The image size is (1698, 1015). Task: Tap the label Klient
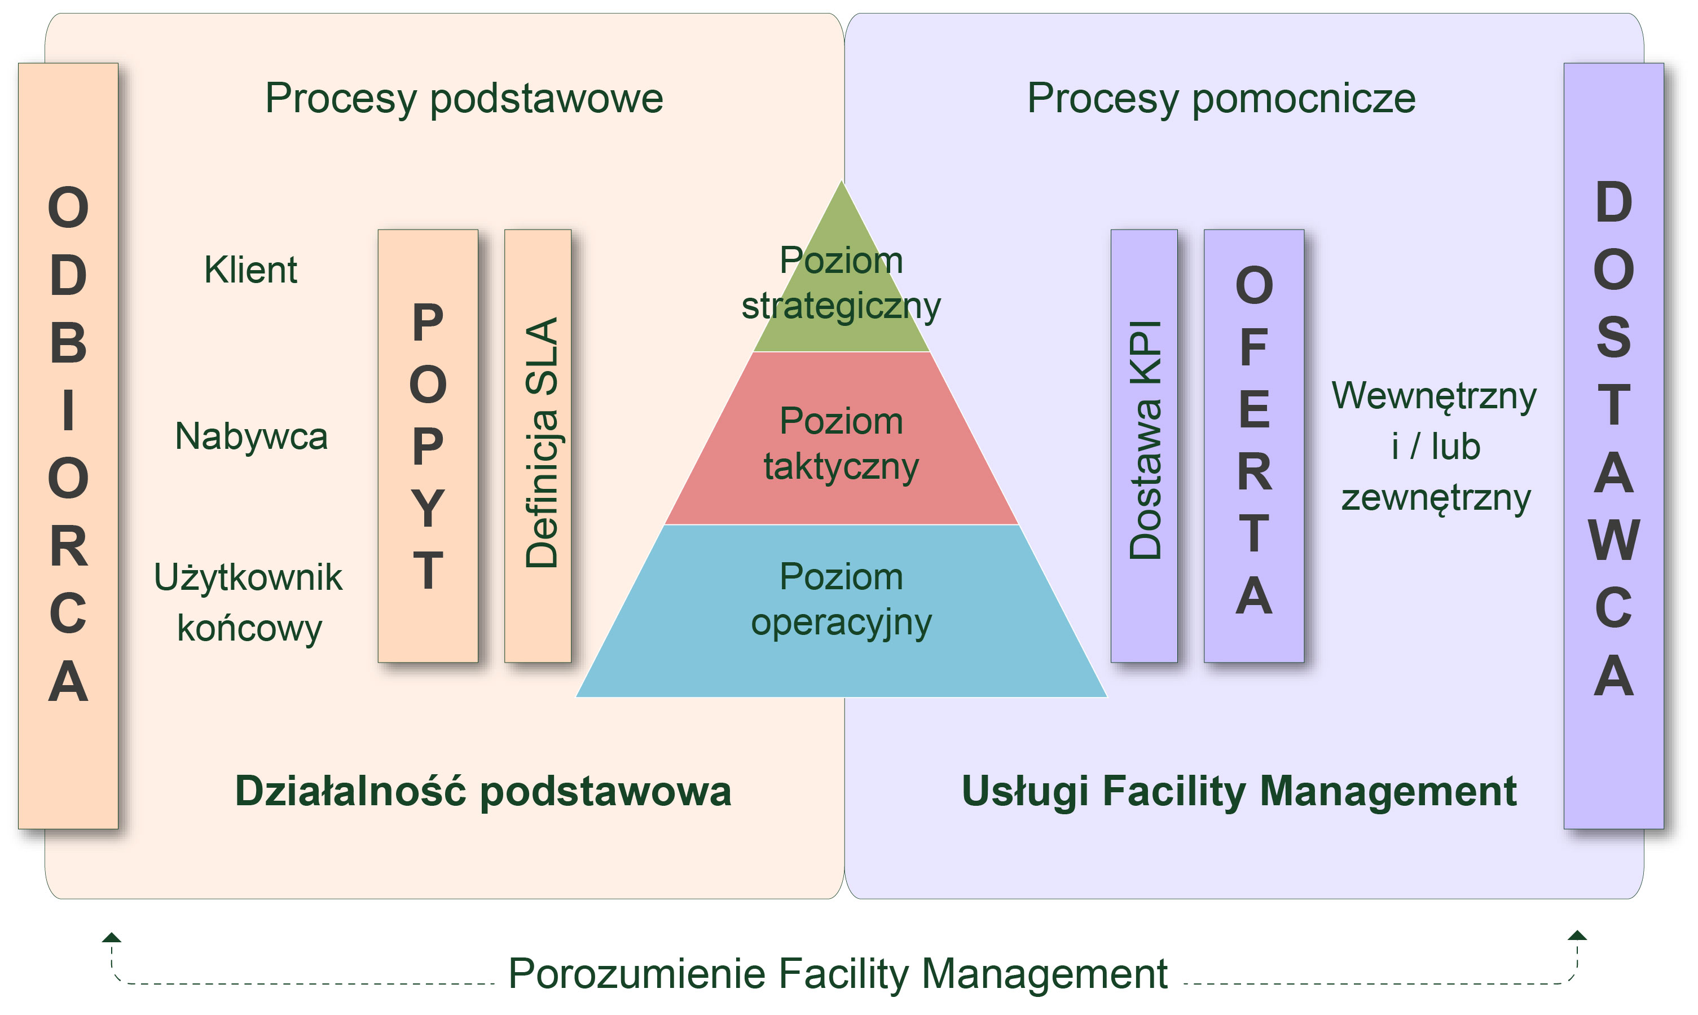(x=250, y=270)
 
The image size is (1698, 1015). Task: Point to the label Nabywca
(x=251, y=436)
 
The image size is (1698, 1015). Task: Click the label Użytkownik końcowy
(x=248, y=602)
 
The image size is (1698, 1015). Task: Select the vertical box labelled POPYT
(x=428, y=446)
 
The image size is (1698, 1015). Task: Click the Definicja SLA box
(x=538, y=446)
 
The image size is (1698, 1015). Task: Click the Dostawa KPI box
(x=1144, y=446)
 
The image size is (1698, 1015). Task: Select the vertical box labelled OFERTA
(x=1254, y=446)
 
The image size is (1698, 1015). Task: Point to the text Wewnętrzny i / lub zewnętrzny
(x=1435, y=446)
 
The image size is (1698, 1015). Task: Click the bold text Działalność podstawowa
(x=483, y=791)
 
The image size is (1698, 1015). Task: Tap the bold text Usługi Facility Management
(x=1239, y=791)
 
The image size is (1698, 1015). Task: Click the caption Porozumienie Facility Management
(x=838, y=973)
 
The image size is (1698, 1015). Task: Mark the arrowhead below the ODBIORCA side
(x=112, y=938)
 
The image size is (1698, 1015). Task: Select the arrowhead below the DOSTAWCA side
(x=1577, y=935)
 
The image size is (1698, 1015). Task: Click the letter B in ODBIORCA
(x=68, y=343)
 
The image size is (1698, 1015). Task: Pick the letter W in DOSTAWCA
(x=1614, y=540)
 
